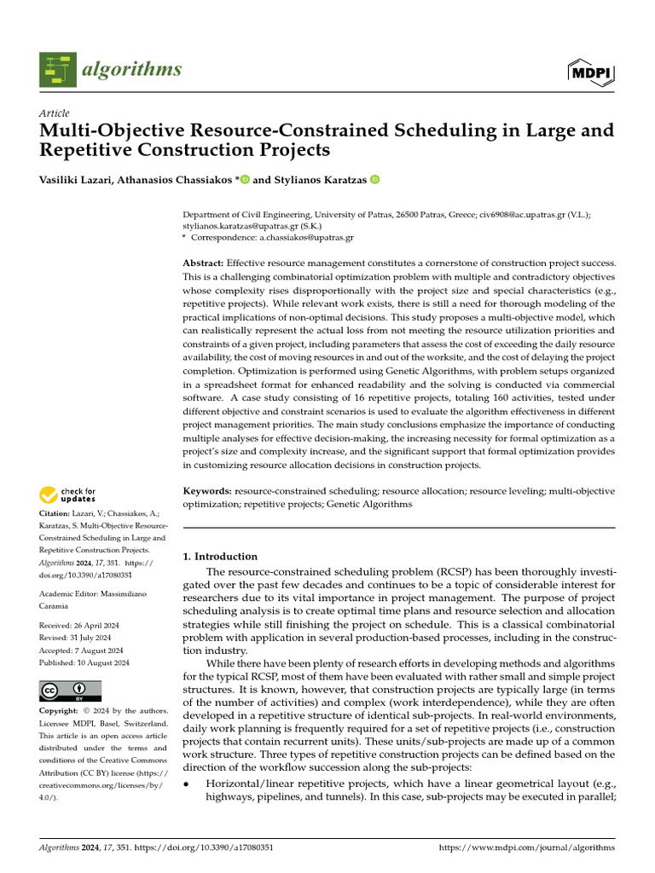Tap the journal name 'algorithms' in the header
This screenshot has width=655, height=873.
click(131, 70)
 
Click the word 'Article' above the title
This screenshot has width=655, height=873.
click(55, 113)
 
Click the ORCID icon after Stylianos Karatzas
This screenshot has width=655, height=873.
click(374, 180)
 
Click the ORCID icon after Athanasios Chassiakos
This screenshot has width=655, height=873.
click(246, 180)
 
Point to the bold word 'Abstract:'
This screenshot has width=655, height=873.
click(208, 265)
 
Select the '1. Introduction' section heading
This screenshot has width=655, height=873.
click(221, 557)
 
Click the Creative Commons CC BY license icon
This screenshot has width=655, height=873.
click(71, 691)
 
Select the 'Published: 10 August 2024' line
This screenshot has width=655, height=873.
click(84, 662)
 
